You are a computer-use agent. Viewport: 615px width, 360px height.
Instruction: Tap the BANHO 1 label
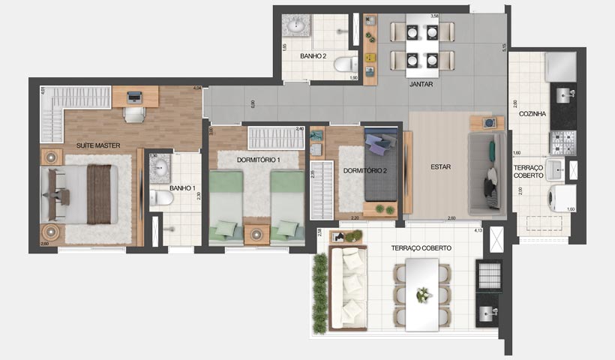[x=182, y=187]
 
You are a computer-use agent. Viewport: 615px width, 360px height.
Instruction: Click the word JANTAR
[x=421, y=85]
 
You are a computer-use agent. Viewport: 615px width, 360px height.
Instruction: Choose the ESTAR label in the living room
[x=440, y=166]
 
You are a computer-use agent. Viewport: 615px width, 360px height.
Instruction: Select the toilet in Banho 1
[x=160, y=198]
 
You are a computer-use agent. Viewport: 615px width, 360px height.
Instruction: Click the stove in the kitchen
[x=563, y=142]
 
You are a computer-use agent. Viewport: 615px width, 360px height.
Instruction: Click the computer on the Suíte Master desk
[x=135, y=97]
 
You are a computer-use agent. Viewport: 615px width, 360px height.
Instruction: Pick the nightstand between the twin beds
[x=256, y=232]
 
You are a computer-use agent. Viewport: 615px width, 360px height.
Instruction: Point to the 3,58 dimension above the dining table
[x=434, y=16]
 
